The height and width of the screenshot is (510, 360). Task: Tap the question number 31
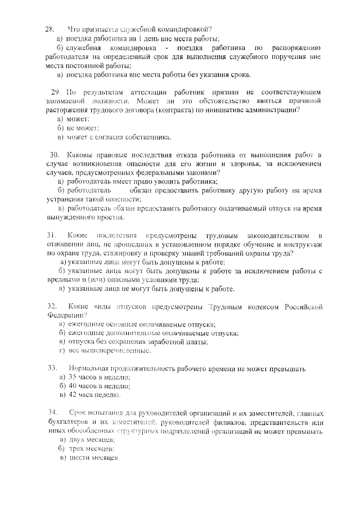click(49, 234)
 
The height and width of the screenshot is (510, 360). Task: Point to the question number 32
click(49, 305)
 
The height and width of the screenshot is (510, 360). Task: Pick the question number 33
click(49, 368)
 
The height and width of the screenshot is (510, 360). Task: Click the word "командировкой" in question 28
click(183, 29)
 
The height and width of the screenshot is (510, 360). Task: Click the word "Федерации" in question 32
click(66, 315)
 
